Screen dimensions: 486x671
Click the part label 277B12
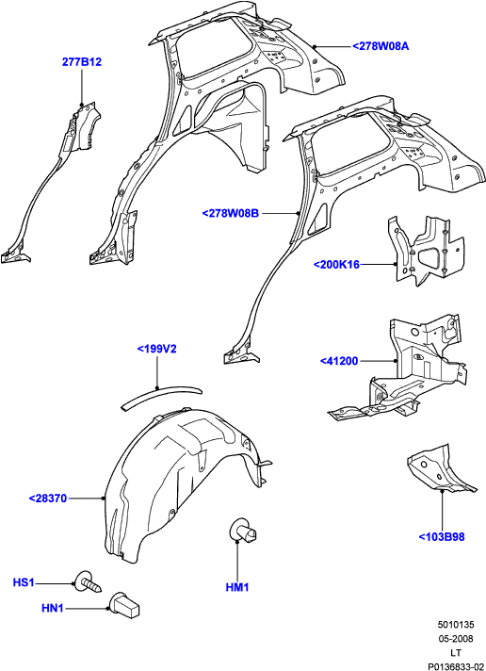(82, 62)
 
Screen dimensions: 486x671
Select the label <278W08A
(381, 46)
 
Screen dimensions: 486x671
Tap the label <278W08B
(231, 213)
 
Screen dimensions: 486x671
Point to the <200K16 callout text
(336, 265)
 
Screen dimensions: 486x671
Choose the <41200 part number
(339, 361)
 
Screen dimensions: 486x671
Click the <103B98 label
(442, 536)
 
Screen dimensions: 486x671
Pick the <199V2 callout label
(156, 350)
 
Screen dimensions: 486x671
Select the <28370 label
(48, 499)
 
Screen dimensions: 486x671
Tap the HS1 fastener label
(24, 582)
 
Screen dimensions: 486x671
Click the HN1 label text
(52, 608)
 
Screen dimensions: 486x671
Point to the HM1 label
(237, 587)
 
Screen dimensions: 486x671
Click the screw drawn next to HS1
(89, 582)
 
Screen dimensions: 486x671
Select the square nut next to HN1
(125, 605)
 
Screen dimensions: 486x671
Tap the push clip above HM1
(243, 531)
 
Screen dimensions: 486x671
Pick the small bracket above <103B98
(441, 469)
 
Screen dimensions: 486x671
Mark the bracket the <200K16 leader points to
(428, 252)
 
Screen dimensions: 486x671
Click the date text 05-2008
(456, 639)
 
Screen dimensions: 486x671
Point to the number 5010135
(456, 625)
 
